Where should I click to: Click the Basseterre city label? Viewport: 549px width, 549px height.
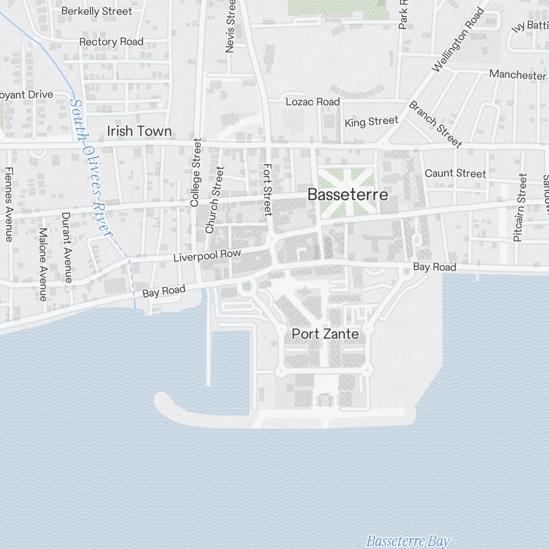(x=348, y=195)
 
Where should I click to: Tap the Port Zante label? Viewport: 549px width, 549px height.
(x=325, y=334)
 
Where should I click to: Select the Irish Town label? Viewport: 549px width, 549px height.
(x=139, y=131)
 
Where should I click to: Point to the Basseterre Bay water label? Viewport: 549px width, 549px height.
(x=407, y=541)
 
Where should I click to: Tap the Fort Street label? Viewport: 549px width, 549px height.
(x=268, y=189)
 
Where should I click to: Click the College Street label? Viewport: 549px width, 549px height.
(x=195, y=172)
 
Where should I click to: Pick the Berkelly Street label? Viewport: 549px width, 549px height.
(x=97, y=11)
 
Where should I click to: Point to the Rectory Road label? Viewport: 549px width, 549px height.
(x=111, y=42)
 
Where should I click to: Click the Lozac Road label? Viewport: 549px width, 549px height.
(x=312, y=102)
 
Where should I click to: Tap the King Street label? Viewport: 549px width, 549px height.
(x=371, y=121)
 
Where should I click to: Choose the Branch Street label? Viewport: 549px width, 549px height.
(x=435, y=124)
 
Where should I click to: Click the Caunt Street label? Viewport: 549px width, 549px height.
(x=455, y=173)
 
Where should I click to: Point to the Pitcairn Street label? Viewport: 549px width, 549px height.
(x=520, y=208)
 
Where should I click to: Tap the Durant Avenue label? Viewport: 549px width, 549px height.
(x=67, y=247)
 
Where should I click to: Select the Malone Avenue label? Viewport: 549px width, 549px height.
(x=43, y=265)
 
